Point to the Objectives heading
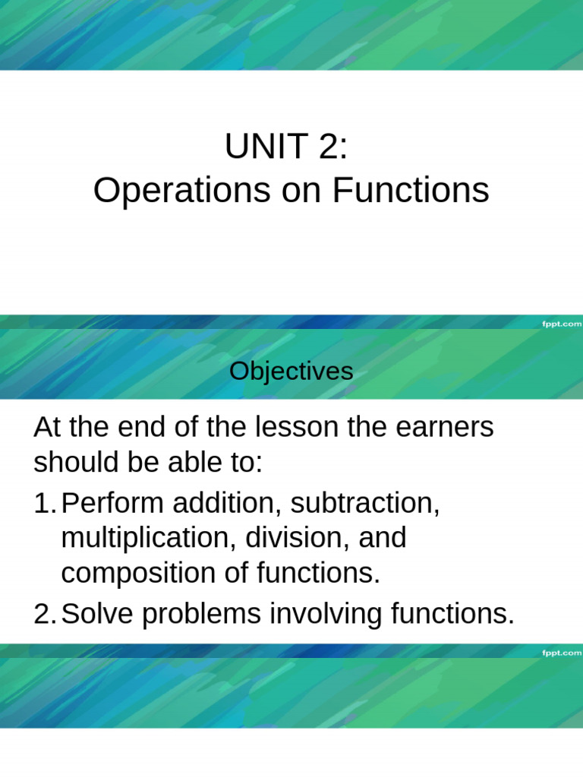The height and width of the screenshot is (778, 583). click(x=291, y=371)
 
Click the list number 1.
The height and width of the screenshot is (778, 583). click(x=43, y=503)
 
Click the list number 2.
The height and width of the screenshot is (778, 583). click(x=43, y=615)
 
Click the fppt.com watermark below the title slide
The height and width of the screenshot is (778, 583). click(x=562, y=323)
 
